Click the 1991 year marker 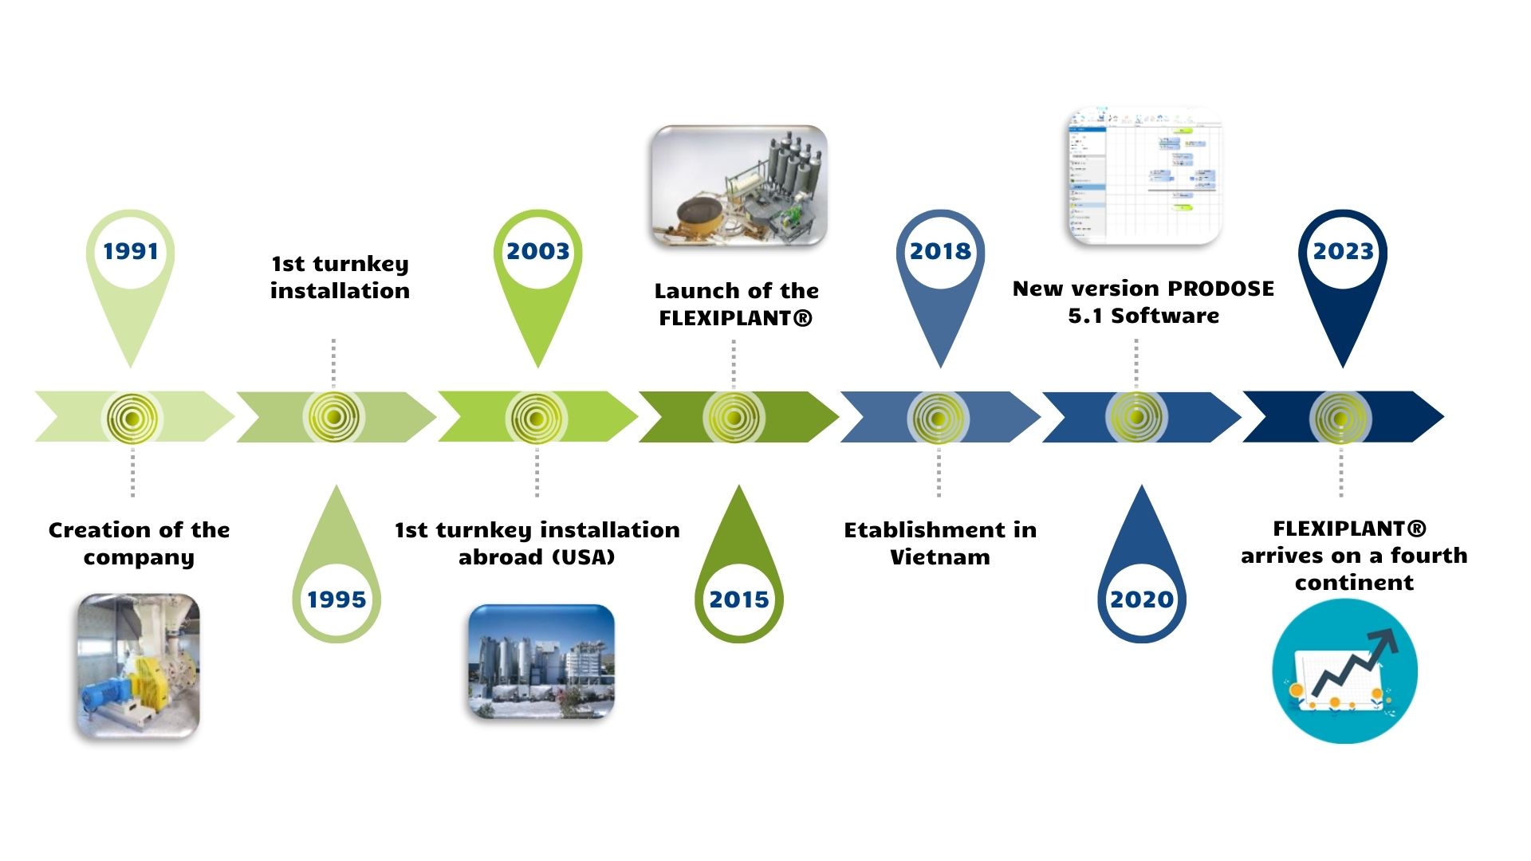click(x=130, y=252)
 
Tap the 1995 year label click(x=337, y=600)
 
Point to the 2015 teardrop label click(x=739, y=600)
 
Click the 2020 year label click(x=1142, y=600)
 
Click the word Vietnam click(x=940, y=557)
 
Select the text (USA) click(x=577, y=557)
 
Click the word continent click(x=1354, y=583)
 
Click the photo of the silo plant click(x=541, y=662)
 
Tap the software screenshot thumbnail click(x=1144, y=177)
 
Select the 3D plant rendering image click(x=739, y=186)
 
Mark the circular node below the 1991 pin click(x=132, y=418)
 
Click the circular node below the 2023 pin click(x=1340, y=418)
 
